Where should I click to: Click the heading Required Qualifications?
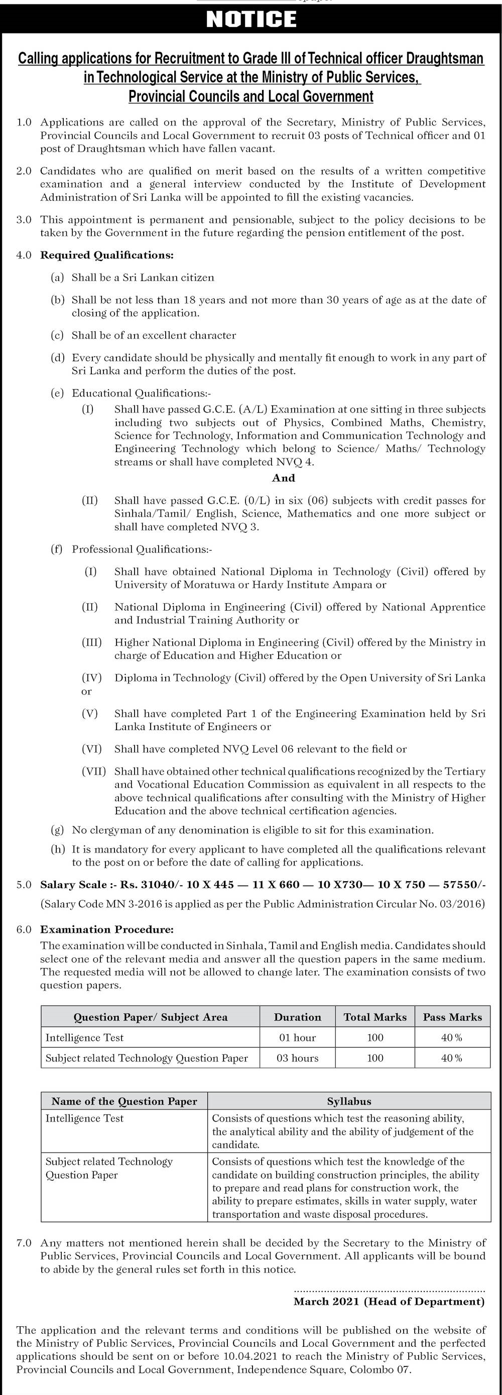pyautogui.click(x=107, y=255)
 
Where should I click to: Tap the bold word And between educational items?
pyautogui.click(x=283, y=478)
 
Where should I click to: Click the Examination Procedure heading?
pyautogui.click(x=107, y=930)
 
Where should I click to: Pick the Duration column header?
pyautogui.click(x=297, y=1017)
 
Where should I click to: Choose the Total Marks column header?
pyautogui.click(x=374, y=1017)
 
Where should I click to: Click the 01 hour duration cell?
pyautogui.click(x=297, y=1038)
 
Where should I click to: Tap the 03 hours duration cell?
pyautogui.click(x=297, y=1058)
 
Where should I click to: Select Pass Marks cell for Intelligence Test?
pyautogui.click(x=452, y=1038)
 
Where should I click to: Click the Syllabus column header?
pyautogui.click(x=349, y=1101)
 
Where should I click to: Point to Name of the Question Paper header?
pyautogui.click(x=124, y=1101)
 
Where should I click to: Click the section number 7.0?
pyautogui.click(x=24, y=1243)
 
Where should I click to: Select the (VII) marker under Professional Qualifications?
pyautogui.click(x=94, y=771)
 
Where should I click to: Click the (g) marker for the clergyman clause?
pyautogui.click(x=57, y=829)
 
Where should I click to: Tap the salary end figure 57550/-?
pyautogui.click(x=464, y=885)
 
